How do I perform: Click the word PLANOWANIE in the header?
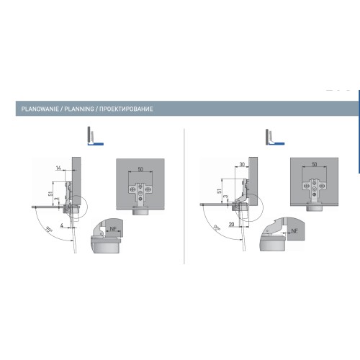click(x=40, y=109)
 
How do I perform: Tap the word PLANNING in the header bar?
click(x=79, y=109)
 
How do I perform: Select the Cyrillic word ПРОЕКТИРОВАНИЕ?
click(x=126, y=109)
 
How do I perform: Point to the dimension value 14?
click(x=58, y=168)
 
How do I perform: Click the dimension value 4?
click(x=62, y=225)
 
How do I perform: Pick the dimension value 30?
click(x=242, y=165)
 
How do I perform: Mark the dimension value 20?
click(x=231, y=225)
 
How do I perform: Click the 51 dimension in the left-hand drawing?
click(x=50, y=193)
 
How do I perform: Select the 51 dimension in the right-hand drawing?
click(x=219, y=192)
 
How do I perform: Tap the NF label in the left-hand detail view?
click(x=113, y=229)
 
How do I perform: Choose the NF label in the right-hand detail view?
click(x=294, y=230)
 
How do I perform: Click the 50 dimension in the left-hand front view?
click(x=140, y=169)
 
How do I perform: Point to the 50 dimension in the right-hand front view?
click(x=314, y=164)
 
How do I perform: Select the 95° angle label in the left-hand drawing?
click(x=49, y=230)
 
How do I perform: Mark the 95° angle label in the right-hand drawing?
click(x=217, y=228)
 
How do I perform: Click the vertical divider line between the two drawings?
click(x=184, y=196)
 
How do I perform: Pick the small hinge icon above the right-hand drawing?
click(x=275, y=137)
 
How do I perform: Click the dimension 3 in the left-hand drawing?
click(x=57, y=199)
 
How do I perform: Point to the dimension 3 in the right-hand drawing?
click(x=225, y=197)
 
